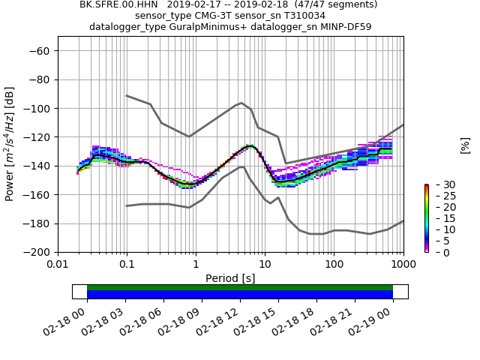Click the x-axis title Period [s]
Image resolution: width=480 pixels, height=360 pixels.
pos(230,278)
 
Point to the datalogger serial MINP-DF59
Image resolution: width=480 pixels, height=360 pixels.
pos(343,27)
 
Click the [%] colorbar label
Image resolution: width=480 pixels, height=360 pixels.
pos(465,145)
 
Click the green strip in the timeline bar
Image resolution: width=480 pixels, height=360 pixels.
pos(240,287)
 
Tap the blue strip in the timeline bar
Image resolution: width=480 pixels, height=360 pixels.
pos(240,295)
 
